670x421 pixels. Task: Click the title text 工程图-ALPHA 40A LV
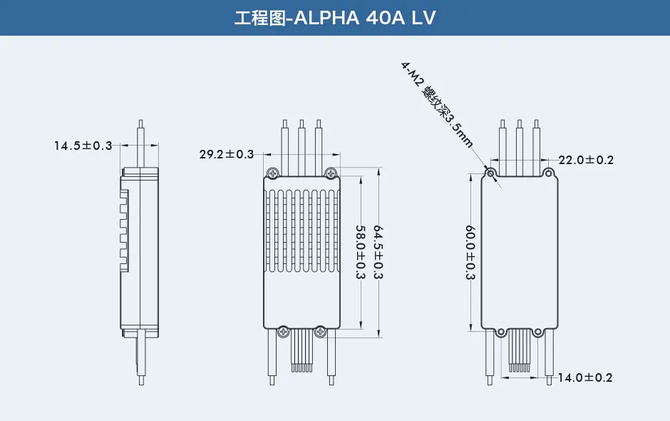[334, 18]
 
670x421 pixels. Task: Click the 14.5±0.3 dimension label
[83, 146]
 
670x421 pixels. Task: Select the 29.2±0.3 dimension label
[227, 154]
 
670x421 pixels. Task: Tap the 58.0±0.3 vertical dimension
[361, 253]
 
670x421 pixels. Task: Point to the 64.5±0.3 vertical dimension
[378, 253]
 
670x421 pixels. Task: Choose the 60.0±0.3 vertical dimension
[470, 253]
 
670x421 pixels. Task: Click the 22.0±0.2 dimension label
[586, 160]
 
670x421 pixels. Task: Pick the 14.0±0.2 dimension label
[585, 377]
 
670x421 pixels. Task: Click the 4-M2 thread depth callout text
[437, 104]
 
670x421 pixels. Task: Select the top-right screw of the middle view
[330, 173]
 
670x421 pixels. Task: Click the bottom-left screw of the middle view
[283, 330]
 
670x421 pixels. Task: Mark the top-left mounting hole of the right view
[490, 173]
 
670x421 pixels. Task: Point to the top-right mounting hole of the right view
[548, 173]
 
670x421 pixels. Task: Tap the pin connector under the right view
[520, 353]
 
